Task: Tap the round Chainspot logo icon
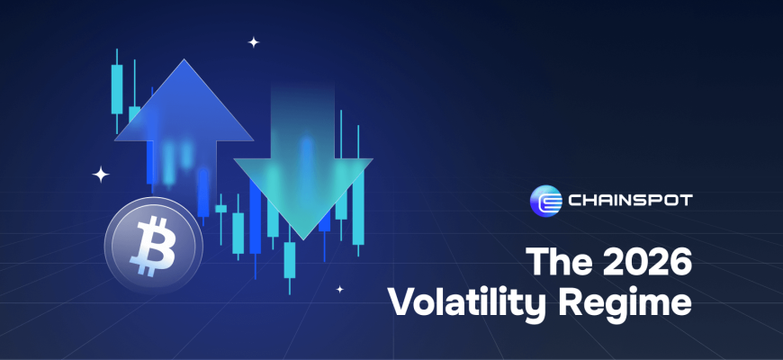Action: (x=545, y=201)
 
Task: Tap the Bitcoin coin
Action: (x=153, y=245)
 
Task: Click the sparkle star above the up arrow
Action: (x=254, y=42)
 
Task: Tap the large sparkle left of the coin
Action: (x=101, y=175)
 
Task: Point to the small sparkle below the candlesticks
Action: (x=339, y=289)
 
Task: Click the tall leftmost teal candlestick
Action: (x=117, y=89)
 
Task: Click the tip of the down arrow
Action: (x=303, y=239)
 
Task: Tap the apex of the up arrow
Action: (x=184, y=59)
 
